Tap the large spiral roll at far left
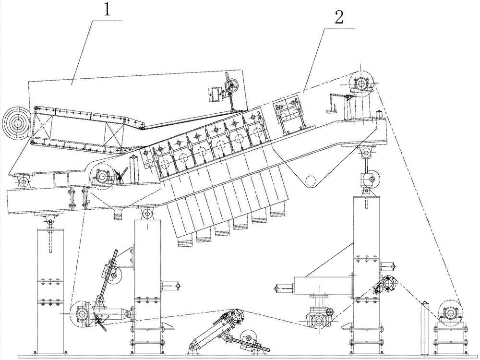pyautogui.click(x=17, y=123)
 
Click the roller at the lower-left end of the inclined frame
pyautogui.click(x=102, y=177)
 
